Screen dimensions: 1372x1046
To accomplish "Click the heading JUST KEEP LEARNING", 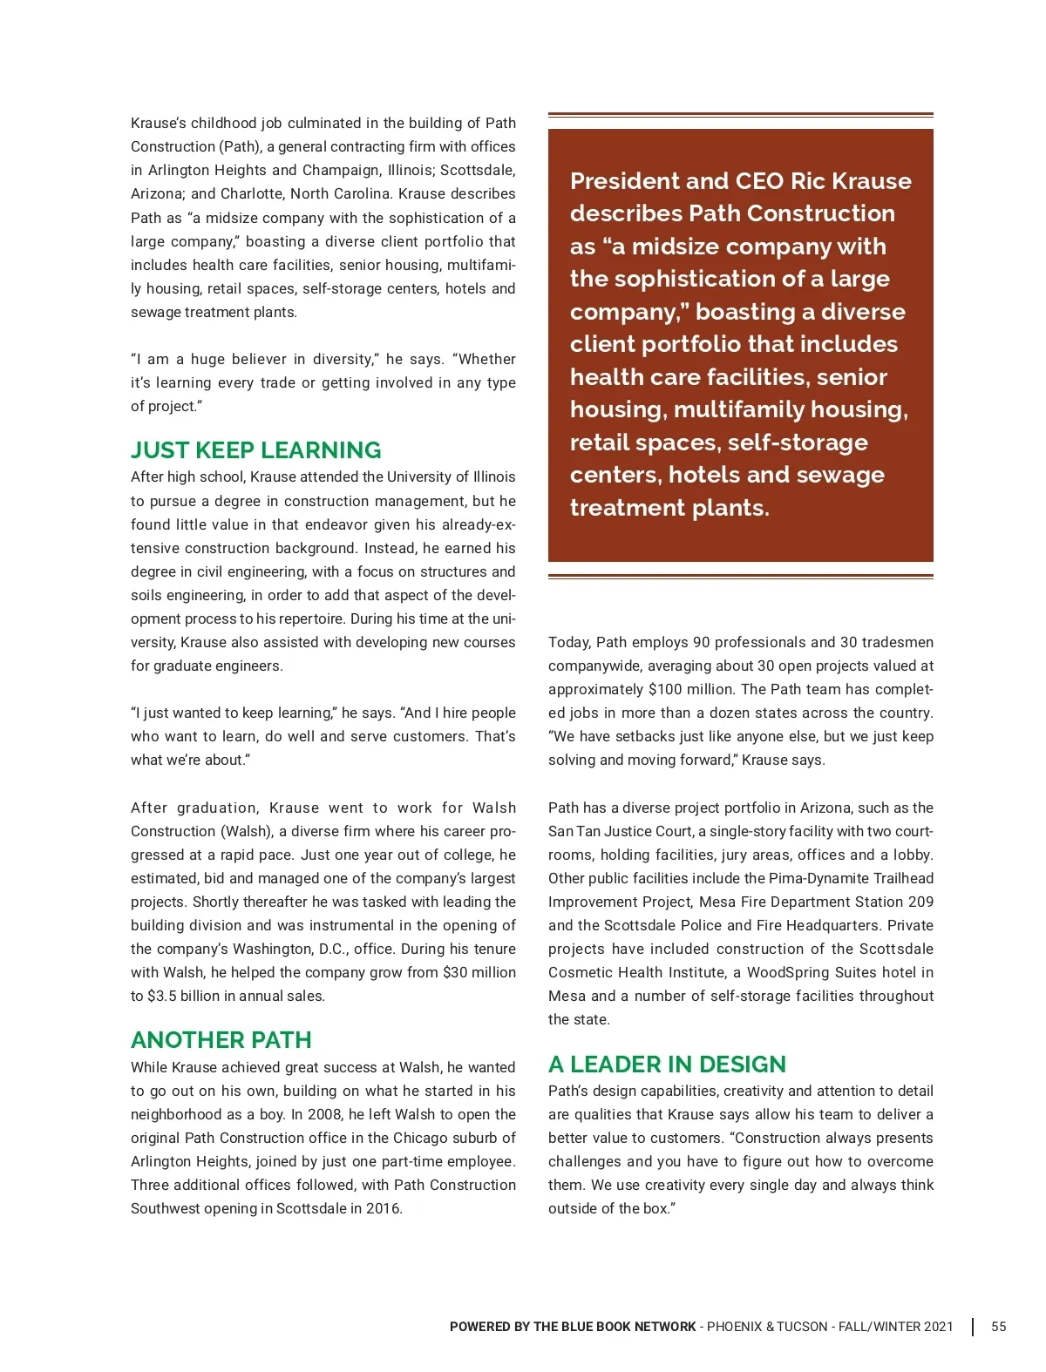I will click(255, 450).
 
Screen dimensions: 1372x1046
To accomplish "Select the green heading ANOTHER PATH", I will click(221, 1040).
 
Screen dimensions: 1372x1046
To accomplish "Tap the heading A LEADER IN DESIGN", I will click(667, 1064).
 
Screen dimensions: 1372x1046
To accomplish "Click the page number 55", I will click(998, 1327).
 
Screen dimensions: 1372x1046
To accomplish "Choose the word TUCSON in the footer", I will click(801, 1327).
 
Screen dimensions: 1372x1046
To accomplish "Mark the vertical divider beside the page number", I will click(973, 1327).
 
